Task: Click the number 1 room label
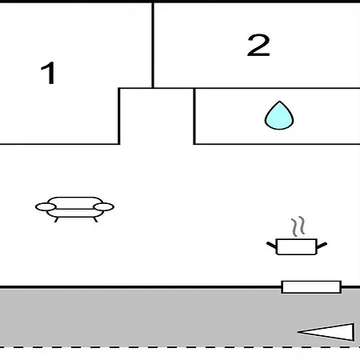tap(49, 73)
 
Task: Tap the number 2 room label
tap(258, 46)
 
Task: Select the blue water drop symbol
tap(279, 116)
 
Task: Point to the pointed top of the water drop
tap(279, 102)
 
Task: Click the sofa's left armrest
tap(46, 207)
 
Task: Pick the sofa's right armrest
tap(104, 207)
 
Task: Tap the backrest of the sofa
tap(75, 202)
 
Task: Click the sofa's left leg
tap(57, 220)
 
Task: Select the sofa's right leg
tap(95, 220)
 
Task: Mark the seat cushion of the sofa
tap(75, 214)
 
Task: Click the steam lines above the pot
tap(298, 226)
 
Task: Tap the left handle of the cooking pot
tap(272, 246)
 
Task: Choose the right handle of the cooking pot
tap(322, 246)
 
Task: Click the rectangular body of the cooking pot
tap(297, 247)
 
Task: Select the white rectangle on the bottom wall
tap(311, 287)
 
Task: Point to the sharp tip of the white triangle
tap(298, 332)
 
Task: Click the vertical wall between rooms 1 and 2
tap(153, 45)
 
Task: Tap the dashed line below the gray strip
tap(180, 347)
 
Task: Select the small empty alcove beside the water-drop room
tap(157, 116)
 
